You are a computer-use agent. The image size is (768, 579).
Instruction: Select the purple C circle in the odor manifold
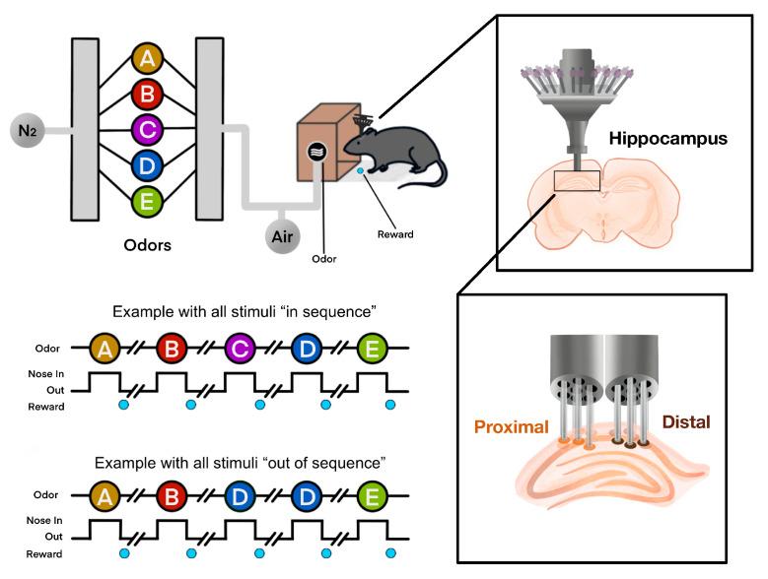148,129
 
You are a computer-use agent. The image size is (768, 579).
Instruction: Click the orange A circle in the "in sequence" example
105,348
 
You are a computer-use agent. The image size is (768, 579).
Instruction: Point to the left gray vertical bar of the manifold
85,129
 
